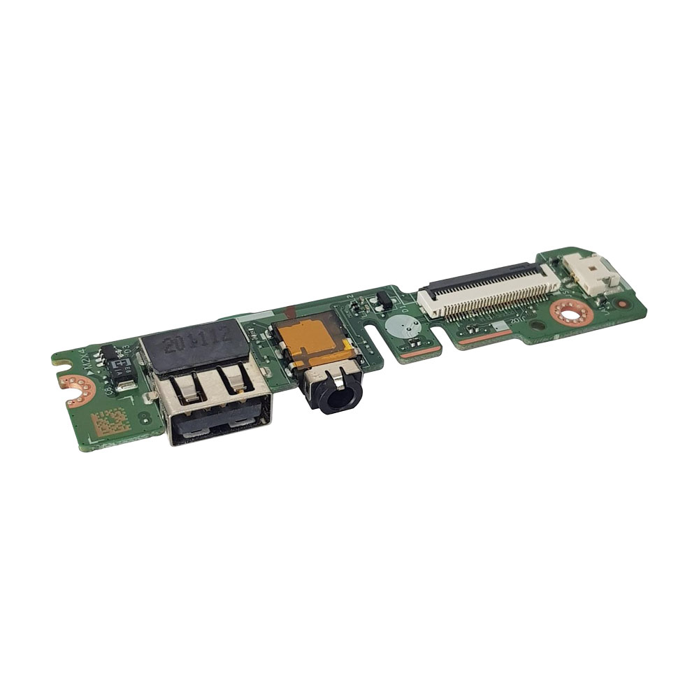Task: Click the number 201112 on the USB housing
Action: [x=194, y=342]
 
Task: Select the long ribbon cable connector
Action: [x=489, y=293]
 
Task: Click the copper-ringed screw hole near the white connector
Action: [x=570, y=312]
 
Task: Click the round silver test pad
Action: [x=398, y=326]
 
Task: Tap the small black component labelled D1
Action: [x=383, y=302]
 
